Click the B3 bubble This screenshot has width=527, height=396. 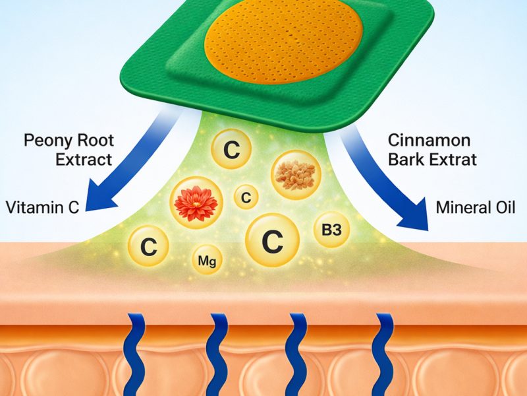[x=331, y=230]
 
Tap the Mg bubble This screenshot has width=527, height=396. [x=207, y=259]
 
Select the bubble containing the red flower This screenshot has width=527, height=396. [x=196, y=203]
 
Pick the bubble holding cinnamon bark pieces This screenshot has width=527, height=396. [x=296, y=174]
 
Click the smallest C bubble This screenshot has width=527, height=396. [x=246, y=197]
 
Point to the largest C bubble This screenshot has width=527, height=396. [x=272, y=240]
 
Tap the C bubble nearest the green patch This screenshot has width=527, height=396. [x=232, y=149]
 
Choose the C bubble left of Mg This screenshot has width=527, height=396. [x=149, y=246]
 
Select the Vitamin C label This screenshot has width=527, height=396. [x=42, y=207]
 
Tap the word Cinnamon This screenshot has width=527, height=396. [x=429, y=140]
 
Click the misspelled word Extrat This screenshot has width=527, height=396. [x=453, y=159]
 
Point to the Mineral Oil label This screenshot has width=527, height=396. [x=475, y=207]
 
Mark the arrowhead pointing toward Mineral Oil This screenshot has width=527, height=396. [x=414, y=215]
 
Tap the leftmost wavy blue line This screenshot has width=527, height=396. [x=134, y=355]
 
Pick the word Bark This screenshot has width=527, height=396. [x=406, y=159]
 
